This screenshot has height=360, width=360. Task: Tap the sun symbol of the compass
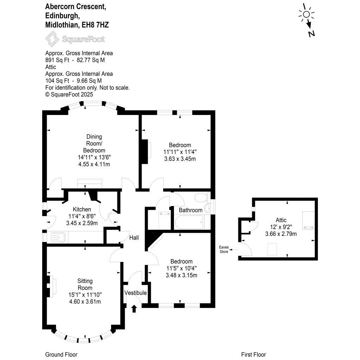[x=306, y=14]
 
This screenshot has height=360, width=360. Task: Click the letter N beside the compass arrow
[x=311, y=34]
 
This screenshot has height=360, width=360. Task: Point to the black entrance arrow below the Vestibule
[x=134, y=309]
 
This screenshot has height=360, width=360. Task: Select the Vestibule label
[x=135, y=293]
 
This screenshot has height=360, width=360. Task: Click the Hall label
[x=134, y=238]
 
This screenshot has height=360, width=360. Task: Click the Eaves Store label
[x=224, y=250]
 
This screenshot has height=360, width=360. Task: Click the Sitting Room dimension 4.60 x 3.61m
[x=85, y=301]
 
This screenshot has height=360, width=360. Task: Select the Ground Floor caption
[x=61, y=354]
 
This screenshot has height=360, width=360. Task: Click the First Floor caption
[x=253, y=354]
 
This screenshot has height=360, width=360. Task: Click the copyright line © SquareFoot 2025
[x=69, y=94]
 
